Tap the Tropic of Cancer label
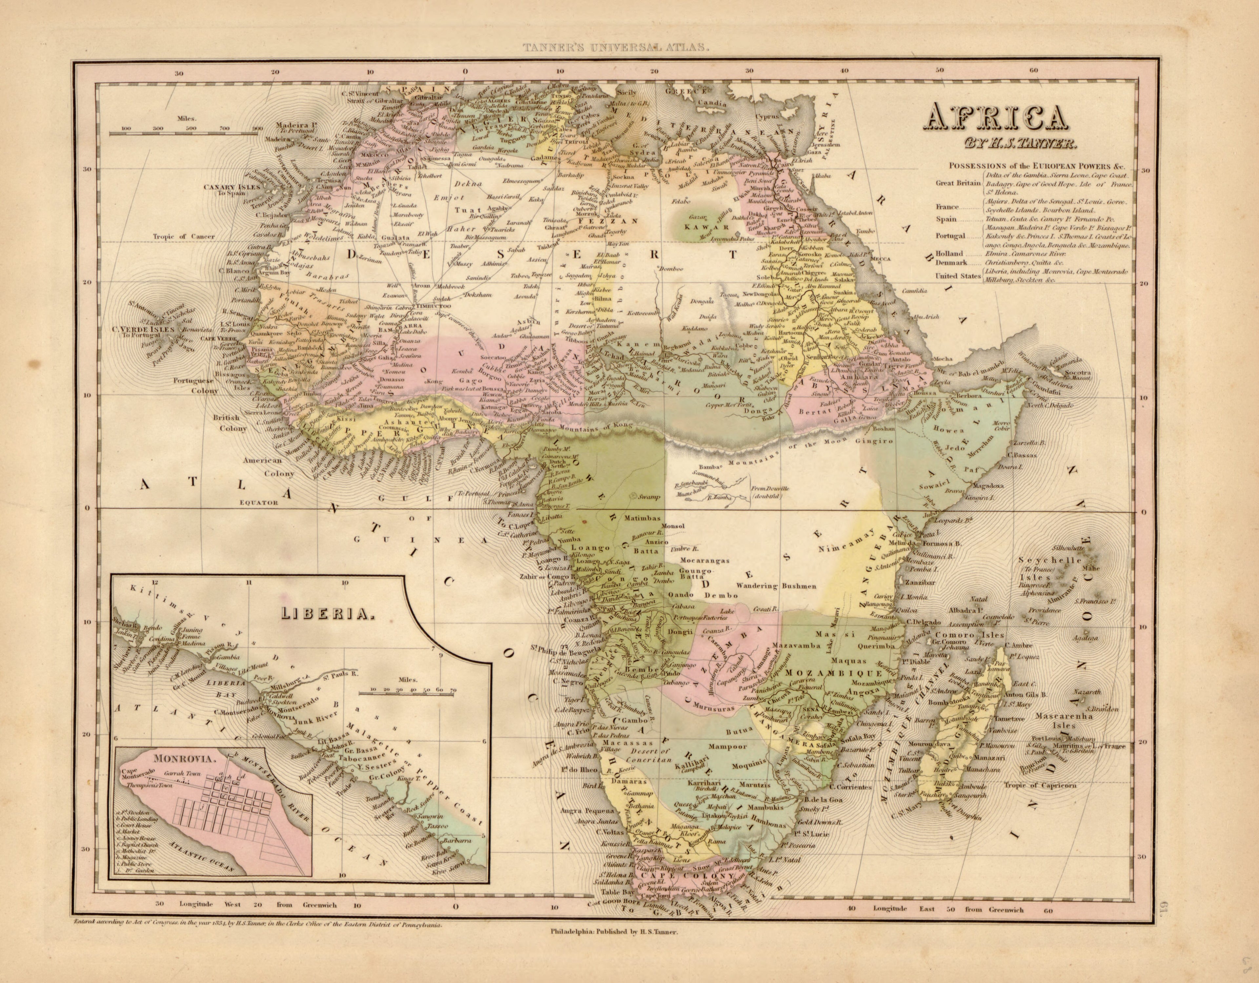click(184, 236)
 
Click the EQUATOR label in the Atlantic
click(260, 502)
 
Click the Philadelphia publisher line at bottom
click(617, 947)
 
